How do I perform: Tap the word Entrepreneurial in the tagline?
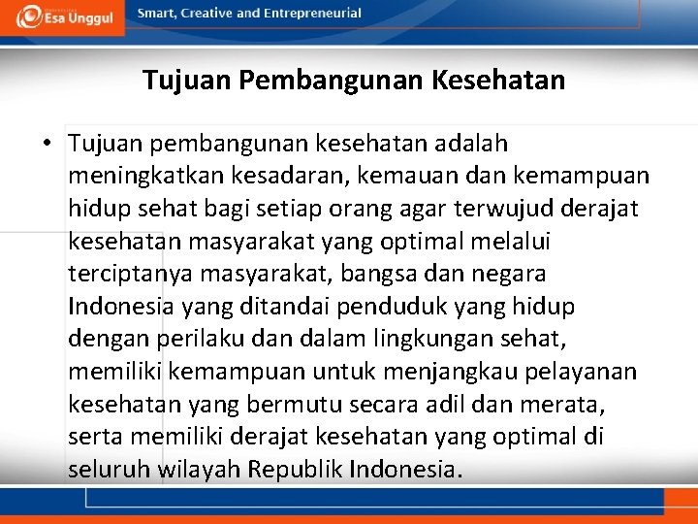[x=313, y=14]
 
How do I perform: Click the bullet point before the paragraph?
[x=47, y=145]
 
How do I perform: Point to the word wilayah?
[x=194, y=470]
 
